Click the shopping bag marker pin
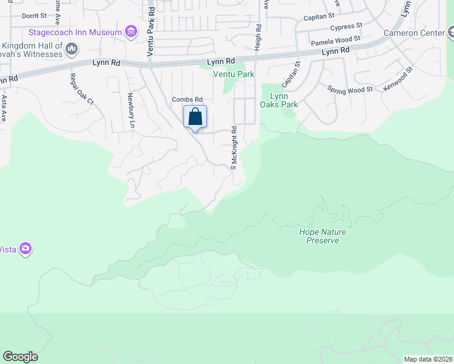point(195,117)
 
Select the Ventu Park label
point(233,74)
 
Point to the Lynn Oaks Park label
point(279,100)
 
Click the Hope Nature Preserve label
point(319,236)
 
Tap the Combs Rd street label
point(186,99)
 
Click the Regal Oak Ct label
point(81,89)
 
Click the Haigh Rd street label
point(258,36)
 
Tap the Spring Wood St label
point(350,90)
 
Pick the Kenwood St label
point(398,79)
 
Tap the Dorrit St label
point(33,16)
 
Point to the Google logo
point(20,357)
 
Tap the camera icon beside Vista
point(25,248)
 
